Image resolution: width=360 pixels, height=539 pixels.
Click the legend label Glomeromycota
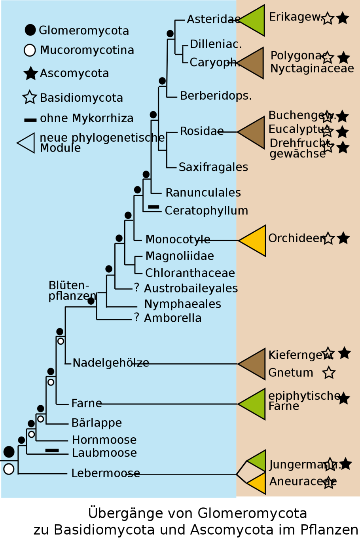click(x=84, y=30)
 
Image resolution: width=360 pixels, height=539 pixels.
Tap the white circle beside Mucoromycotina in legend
click(x=30, y=50)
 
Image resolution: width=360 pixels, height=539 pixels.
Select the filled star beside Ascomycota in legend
click(x=30, y=73)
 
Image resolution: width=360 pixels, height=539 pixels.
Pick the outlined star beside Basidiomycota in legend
click(x=30, y=97)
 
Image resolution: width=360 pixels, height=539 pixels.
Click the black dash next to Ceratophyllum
click(x=153, y=207)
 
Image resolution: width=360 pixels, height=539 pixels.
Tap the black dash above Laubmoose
click(x=52, y=450)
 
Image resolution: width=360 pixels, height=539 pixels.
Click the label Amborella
click(x=172, y=318)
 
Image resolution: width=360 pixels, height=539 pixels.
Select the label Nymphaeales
click(x=182, y=304)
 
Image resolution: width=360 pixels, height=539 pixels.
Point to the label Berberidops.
click(x=216, y=96)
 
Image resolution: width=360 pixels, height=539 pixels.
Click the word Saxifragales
click(x=213, y=167)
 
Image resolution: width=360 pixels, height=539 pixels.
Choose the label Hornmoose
click(x=104, y=440)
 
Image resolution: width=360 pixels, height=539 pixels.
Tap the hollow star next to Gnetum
click(x=329, y=372)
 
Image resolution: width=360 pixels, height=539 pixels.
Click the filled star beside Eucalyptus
click(x=342, y=132)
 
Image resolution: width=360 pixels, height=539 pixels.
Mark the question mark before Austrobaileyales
click(x=136, y=288)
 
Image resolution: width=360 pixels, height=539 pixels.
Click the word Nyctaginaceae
click(x=312, y=68)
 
